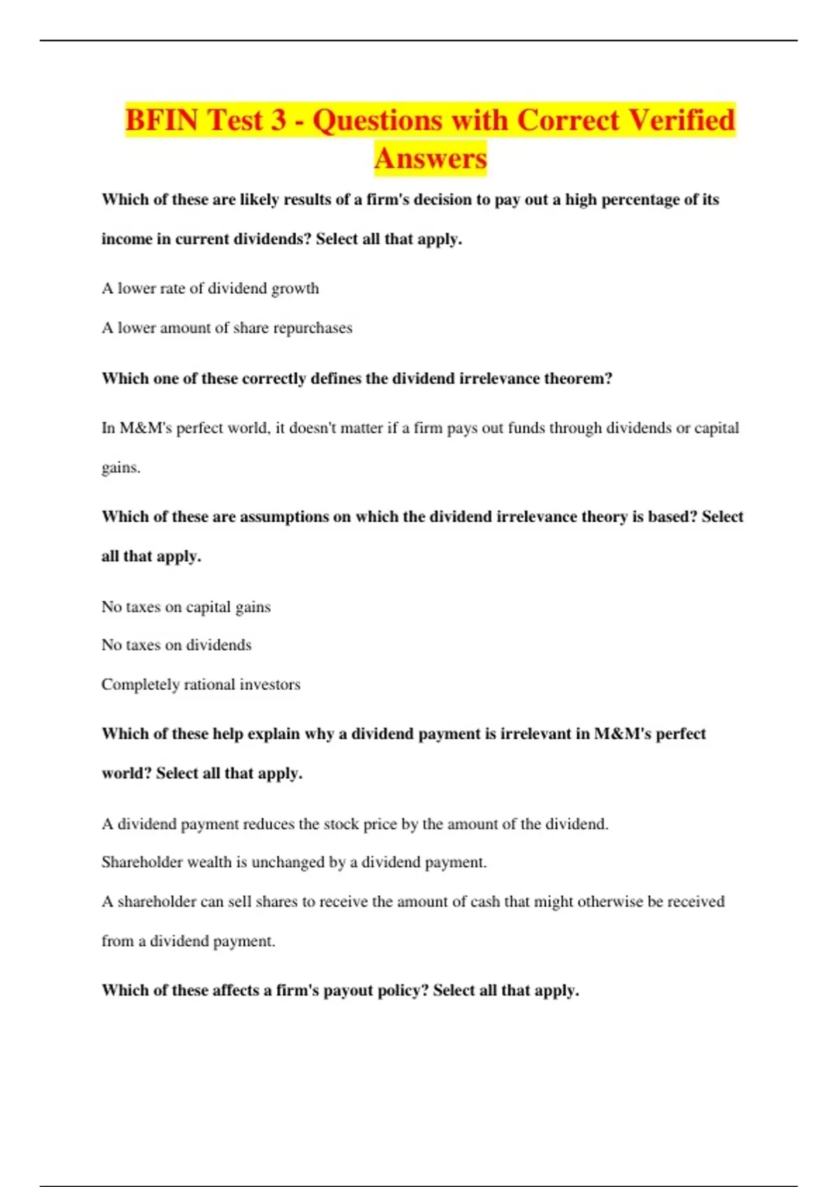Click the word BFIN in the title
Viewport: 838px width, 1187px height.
162,120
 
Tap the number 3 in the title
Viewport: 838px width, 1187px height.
278,120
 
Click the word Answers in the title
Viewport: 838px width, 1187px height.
430,158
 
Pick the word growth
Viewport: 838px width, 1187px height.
295,288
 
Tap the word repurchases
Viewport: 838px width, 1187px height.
313,327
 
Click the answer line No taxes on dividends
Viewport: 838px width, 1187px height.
177,645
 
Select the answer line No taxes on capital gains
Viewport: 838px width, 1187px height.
186,607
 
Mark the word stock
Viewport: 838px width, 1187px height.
341,824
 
